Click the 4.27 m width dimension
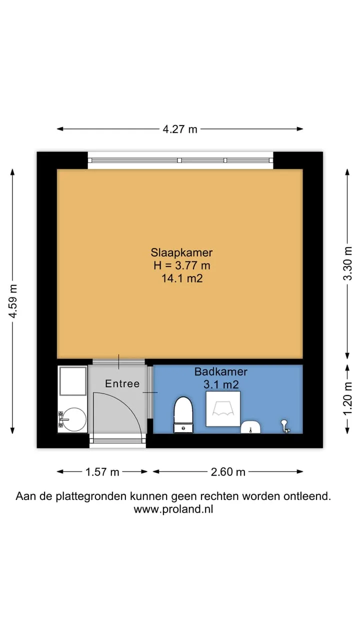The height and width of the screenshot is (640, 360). pyautogui.click(x=180, y=129)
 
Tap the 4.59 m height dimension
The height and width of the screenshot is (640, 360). pyautogui.click(x=13, y=301)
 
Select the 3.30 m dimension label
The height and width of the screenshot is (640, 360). pyautogui.click(x=347, y=263)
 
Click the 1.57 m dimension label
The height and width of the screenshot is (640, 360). pyautogui.click(x=102, y=471)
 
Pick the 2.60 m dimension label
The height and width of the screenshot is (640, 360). pyautogui.click(x=228, y=471)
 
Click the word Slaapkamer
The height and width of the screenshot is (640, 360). pyautogui.click(x=181, y=252)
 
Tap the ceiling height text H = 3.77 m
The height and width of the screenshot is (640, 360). pyautogui.click(x=181, y=265)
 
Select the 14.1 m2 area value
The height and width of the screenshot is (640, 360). pyautogui.click(x=182, y=278)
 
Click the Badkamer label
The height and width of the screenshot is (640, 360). pyautogui.click(x=221, y=371)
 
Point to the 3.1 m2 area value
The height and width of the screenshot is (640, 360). pyautogui.click(x=221, y=384)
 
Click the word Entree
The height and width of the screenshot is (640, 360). pyautogui.click(x=122, y=383)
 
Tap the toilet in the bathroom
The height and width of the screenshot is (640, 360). pyautogui.click(x=183, y=414)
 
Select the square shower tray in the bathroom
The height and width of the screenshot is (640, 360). pyautogui.click(x=223, y=409)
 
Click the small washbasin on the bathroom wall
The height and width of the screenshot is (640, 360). pyautogui.click(x=250, y=427)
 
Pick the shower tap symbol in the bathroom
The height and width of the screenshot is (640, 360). pyautogui.click(x=285, y=426)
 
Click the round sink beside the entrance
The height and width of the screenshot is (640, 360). pyautogui.click(x=74, y=419)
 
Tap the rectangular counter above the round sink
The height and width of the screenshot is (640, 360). pyautogui.click(x=73, y=381)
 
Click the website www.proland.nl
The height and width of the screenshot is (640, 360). pyautogui.click(x=173, y=509)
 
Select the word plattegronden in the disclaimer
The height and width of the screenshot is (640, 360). pyautogui.click(x=91, y=496)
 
